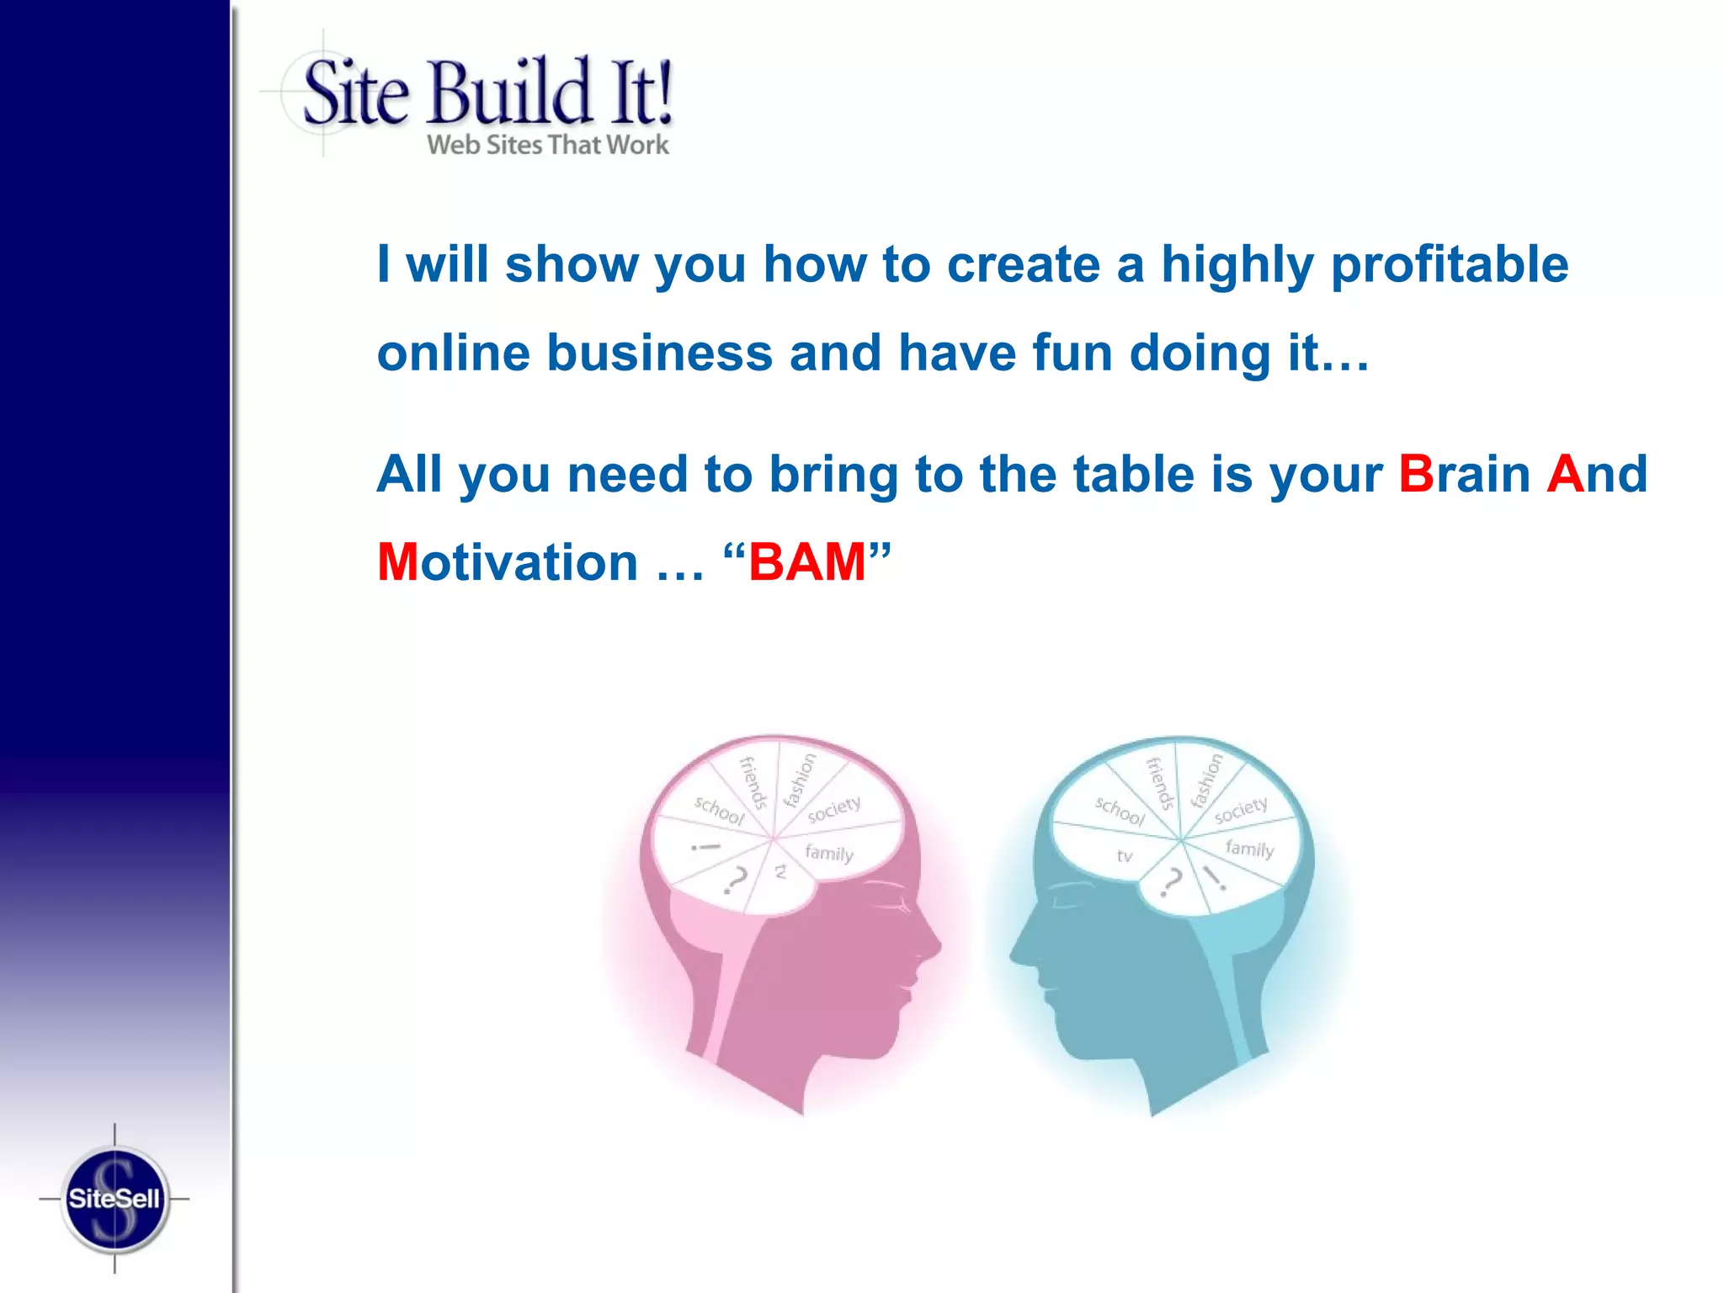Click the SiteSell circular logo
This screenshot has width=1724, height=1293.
pos(114,1199)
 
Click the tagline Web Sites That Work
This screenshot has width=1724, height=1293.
pos(547,145)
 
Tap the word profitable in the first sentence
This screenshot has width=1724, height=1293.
pos(1450,265)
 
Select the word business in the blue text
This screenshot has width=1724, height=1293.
pos(659,353)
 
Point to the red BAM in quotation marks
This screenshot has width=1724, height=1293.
pos(806,562)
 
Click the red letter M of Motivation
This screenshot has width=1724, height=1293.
pos(397,562)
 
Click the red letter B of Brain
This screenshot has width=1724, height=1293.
pos(1416,474)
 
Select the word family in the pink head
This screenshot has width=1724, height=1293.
pos(829,853)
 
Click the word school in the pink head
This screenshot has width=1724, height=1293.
pos(719,810)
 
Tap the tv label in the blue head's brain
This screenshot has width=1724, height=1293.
pos(1125,856)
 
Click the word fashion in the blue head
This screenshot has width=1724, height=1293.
pos(1206,780)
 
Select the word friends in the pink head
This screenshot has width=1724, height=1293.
pos(753,783)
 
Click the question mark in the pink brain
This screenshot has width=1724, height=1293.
pos(736,881)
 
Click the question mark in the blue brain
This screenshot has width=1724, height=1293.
pos(1171,882)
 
